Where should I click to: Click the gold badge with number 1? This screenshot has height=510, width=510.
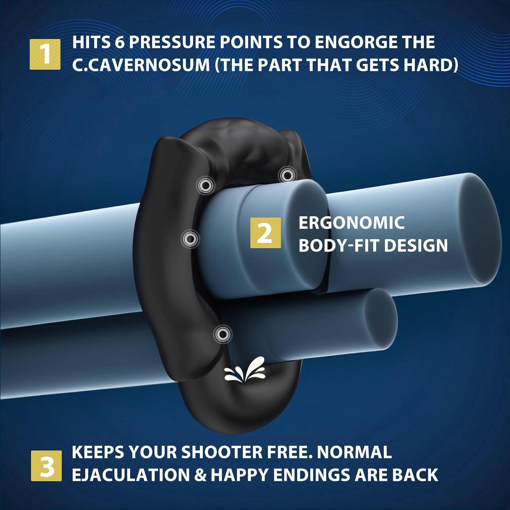coord(45,54)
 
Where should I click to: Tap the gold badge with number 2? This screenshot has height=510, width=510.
coord(266,233)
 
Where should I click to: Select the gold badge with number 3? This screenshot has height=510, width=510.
coord(46,466)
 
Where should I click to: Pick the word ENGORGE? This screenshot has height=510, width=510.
coord(351,42)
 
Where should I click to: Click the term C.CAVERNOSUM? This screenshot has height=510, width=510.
coord(141,65)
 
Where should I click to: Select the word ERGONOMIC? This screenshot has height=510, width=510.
coord(351,223)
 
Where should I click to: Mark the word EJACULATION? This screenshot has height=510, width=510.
coord(131,475)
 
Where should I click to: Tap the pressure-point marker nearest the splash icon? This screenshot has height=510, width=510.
coord(223,334)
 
